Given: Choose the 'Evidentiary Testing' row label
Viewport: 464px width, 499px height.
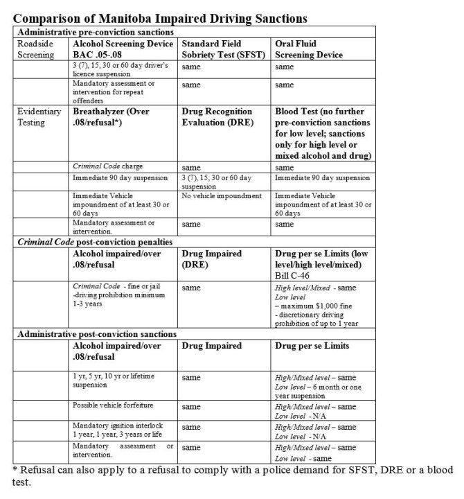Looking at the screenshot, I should (x=39, y=116).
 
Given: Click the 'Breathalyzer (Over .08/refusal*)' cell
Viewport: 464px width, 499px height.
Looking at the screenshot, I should (x=111, y=116).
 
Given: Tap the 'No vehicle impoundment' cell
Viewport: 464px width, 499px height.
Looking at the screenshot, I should (x=222, y=196).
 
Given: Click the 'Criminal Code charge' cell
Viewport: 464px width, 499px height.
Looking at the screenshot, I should (x=109, y=167).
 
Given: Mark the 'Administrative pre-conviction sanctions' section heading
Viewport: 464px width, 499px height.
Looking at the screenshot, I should (x=95, y=32).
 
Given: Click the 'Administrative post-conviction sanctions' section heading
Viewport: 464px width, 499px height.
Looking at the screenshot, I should (x=96, y=334).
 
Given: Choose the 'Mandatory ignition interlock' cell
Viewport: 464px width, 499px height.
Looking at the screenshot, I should (x=114, y=427).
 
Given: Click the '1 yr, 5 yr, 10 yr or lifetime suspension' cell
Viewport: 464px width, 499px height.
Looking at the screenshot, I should (x=114, y=379).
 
